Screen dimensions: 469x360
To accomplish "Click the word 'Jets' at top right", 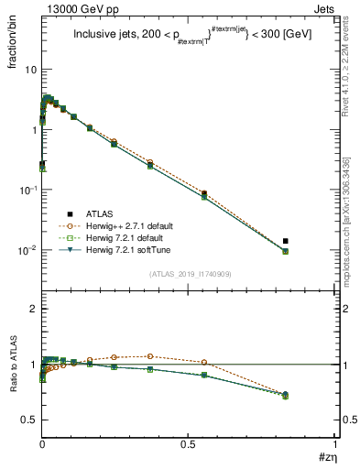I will click(322, 7).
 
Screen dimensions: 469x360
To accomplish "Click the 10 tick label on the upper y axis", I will click(30, 71).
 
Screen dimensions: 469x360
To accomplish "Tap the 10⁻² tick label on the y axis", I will click(27, 250).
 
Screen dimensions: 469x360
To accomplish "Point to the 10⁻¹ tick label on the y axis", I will click(27, 190).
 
